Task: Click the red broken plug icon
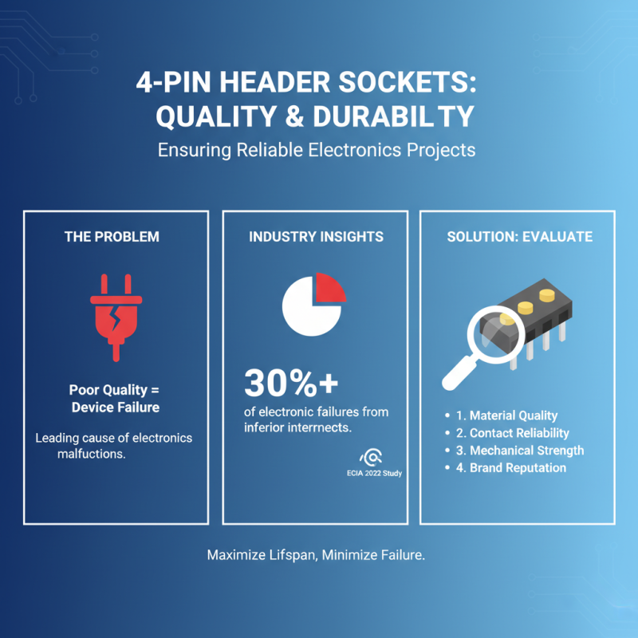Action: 116,313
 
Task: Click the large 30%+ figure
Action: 291,384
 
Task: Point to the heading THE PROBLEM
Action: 112,237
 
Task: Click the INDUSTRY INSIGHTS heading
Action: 316,237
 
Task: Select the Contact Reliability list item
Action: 518,433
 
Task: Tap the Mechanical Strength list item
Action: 526,451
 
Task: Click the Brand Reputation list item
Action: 518,468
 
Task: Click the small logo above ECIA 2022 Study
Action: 371,457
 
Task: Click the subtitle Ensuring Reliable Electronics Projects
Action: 317,150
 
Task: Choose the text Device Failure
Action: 114,408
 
